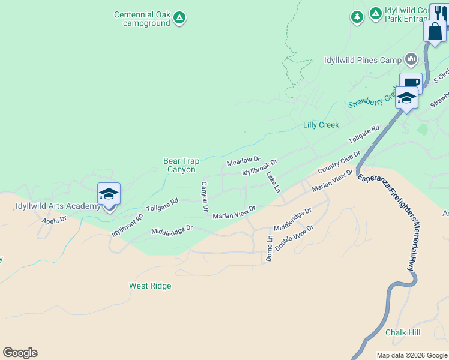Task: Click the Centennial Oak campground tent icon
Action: pos(179,18)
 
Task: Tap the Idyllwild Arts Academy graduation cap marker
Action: pos(109,194)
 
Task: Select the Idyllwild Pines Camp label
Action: pos(363,60)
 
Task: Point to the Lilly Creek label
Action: pos(321,125)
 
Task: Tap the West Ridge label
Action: pos(150,286)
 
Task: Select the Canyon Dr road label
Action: pos(204,196)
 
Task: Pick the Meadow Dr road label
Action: pos(243,161)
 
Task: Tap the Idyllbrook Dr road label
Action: pos(259,167)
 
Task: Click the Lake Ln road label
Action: pos(273,182)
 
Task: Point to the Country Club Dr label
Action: pos(339,163)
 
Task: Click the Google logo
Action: pos(20,353)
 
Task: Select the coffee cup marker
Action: pos(411,83)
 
